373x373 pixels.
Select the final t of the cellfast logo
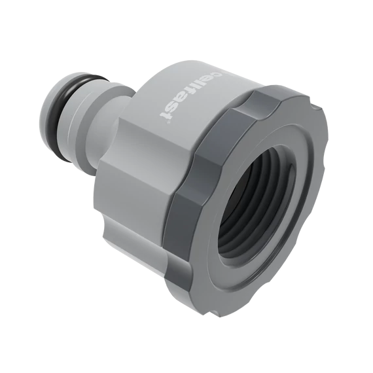(x=166, y=115)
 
